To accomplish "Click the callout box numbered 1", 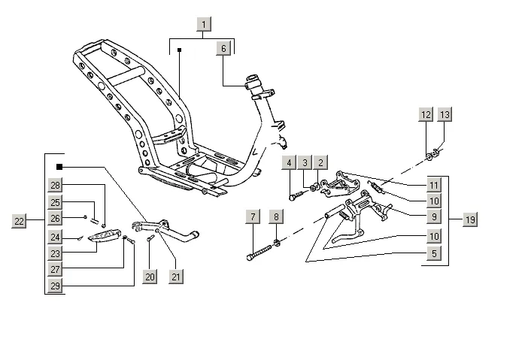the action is pos(204,25).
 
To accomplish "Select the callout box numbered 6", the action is pos(223,49).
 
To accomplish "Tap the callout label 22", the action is pos(20,221).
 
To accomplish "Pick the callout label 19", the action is pos(470,219).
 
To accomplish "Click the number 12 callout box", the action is pos(426,115).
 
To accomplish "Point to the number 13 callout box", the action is pos(445,115).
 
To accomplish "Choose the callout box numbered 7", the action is pos(253,217).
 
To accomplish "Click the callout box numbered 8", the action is pos(276,217).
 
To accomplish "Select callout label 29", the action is pos(55,286).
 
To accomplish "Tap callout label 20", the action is pos(150,277).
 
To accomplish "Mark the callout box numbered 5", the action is pos(434,253).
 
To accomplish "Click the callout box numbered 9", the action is pos(434,217).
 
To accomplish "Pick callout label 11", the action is pos(434,185).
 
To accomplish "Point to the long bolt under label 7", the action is pos(259,253).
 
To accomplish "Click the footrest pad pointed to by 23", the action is pos(104,235).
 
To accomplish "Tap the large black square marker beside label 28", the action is pos(59,167).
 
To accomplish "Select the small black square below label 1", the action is pos(180,50).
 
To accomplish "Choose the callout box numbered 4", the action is pos(289,163).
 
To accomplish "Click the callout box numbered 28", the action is pos(55,185).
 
